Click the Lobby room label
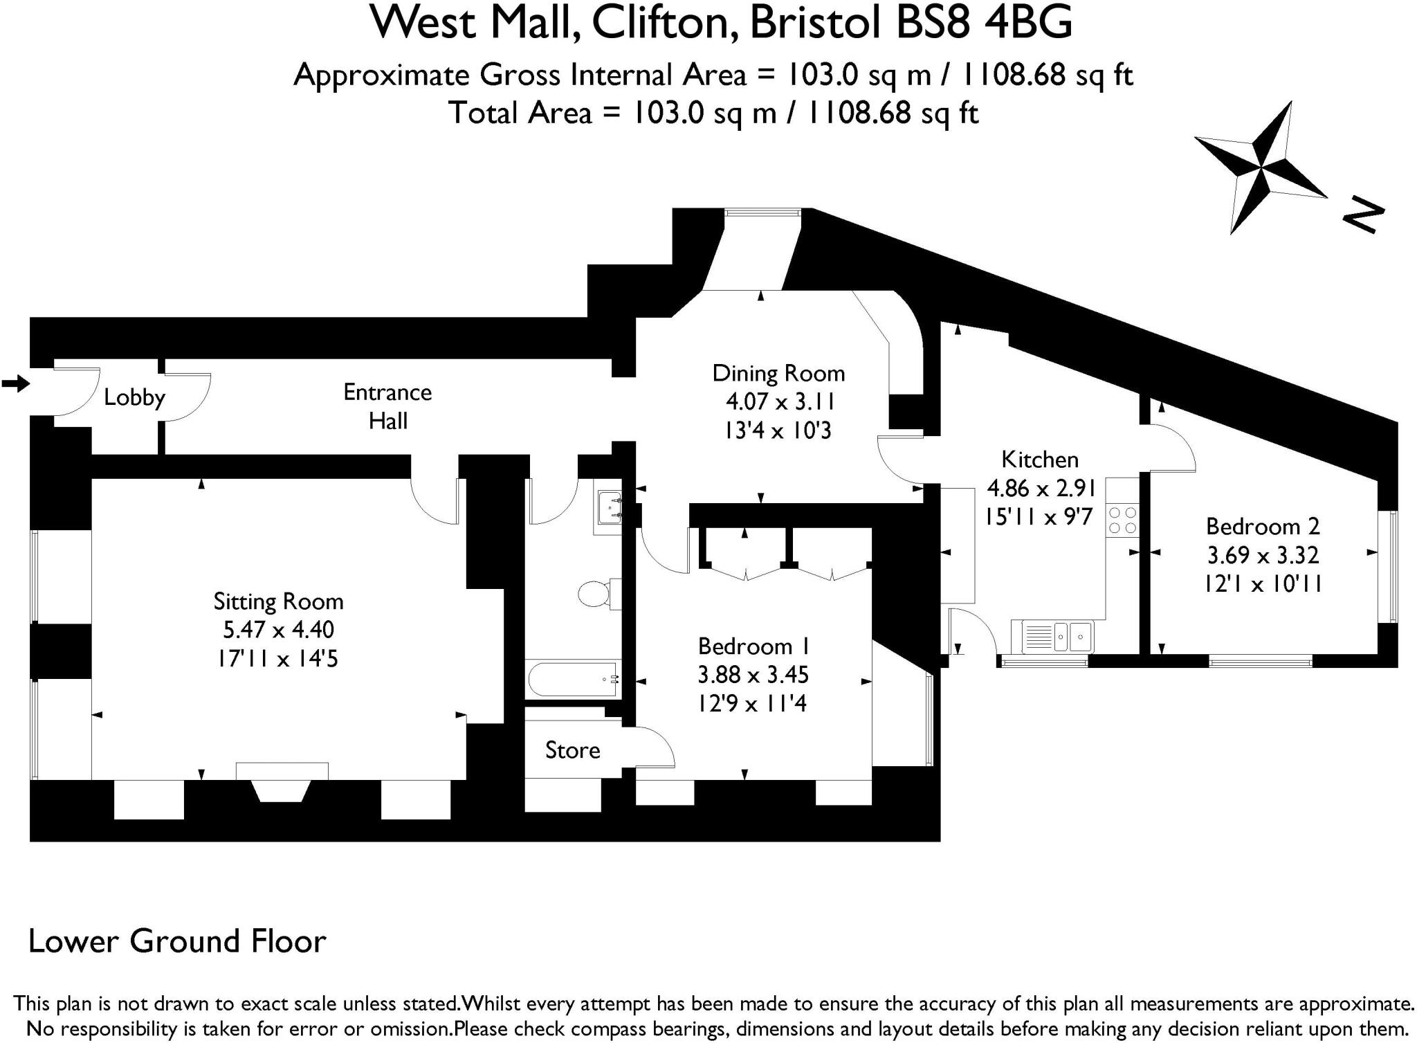click(x=134, y=397)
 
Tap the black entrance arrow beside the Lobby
click(x=15, y=383)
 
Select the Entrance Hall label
click(x=387, y=406)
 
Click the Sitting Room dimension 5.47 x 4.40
click(x=278, y=629)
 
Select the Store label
click(x=572, y=750)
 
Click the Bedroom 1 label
click(x=753, y=646)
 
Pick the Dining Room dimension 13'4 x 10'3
click(x=778, y=430)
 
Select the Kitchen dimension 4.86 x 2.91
click(x=1041, y=488)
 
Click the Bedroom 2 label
click(x=1263, y=526)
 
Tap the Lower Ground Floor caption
click(x=177, y=941)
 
